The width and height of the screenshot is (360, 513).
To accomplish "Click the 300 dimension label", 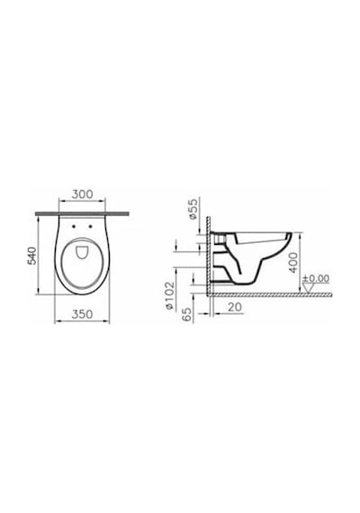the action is pos(82,194).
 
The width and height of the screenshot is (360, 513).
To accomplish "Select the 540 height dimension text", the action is pos(32,256).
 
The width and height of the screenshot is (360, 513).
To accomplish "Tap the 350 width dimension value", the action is pos(82,314).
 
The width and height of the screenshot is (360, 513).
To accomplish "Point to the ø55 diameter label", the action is pos(193,209).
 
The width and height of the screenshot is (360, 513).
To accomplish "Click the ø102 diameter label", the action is pos(169,295).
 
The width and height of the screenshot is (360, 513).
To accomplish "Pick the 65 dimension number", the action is pos(187,314).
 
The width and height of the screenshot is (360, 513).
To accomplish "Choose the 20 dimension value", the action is pos(234,307).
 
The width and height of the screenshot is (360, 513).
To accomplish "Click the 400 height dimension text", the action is pos(293,263).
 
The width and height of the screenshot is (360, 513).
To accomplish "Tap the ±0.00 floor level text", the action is pos(316,279).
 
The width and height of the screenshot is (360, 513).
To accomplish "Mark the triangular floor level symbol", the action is pos(309,288).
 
